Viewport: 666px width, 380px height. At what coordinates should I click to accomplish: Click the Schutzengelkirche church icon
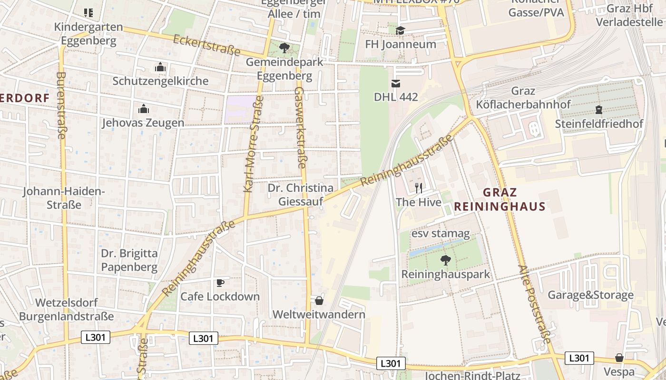pos(160,67)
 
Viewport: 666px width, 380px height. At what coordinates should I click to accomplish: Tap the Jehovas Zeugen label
pos(143,123)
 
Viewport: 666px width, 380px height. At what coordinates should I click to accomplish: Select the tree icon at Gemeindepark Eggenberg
pos(284,48)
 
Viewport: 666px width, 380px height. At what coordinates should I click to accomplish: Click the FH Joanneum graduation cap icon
pos(400,31)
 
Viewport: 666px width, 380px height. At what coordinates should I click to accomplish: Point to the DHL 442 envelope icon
pos(395,84)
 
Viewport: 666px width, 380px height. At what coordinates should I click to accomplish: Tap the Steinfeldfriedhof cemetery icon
pos(598,110)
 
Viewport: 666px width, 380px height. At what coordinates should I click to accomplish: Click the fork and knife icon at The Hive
pos(419,188)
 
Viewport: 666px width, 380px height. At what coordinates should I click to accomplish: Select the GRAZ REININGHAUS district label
pos(499,199)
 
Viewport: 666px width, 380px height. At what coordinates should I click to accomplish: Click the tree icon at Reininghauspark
pos(445,260)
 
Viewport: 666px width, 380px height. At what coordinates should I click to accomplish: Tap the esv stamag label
pos(441,234)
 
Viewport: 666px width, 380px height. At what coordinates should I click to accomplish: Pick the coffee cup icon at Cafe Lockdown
pos(220,283)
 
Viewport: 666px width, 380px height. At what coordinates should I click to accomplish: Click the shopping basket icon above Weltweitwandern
pos(319,301)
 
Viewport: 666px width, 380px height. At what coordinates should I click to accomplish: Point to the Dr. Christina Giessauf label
pos(300,195)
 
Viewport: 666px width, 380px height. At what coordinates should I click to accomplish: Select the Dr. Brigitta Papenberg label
pos(129,260)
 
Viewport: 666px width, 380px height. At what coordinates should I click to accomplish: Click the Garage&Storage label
pos(590,295)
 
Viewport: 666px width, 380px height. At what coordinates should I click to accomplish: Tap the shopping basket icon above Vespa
pos(619,358)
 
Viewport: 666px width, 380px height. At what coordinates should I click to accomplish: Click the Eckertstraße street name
pos(206,45)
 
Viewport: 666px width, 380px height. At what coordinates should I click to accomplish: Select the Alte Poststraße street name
pos(534,304)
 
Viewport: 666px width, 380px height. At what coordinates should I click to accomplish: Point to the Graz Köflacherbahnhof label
pos(523,98)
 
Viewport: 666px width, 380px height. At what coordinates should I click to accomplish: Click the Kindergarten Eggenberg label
pos(88,34)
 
